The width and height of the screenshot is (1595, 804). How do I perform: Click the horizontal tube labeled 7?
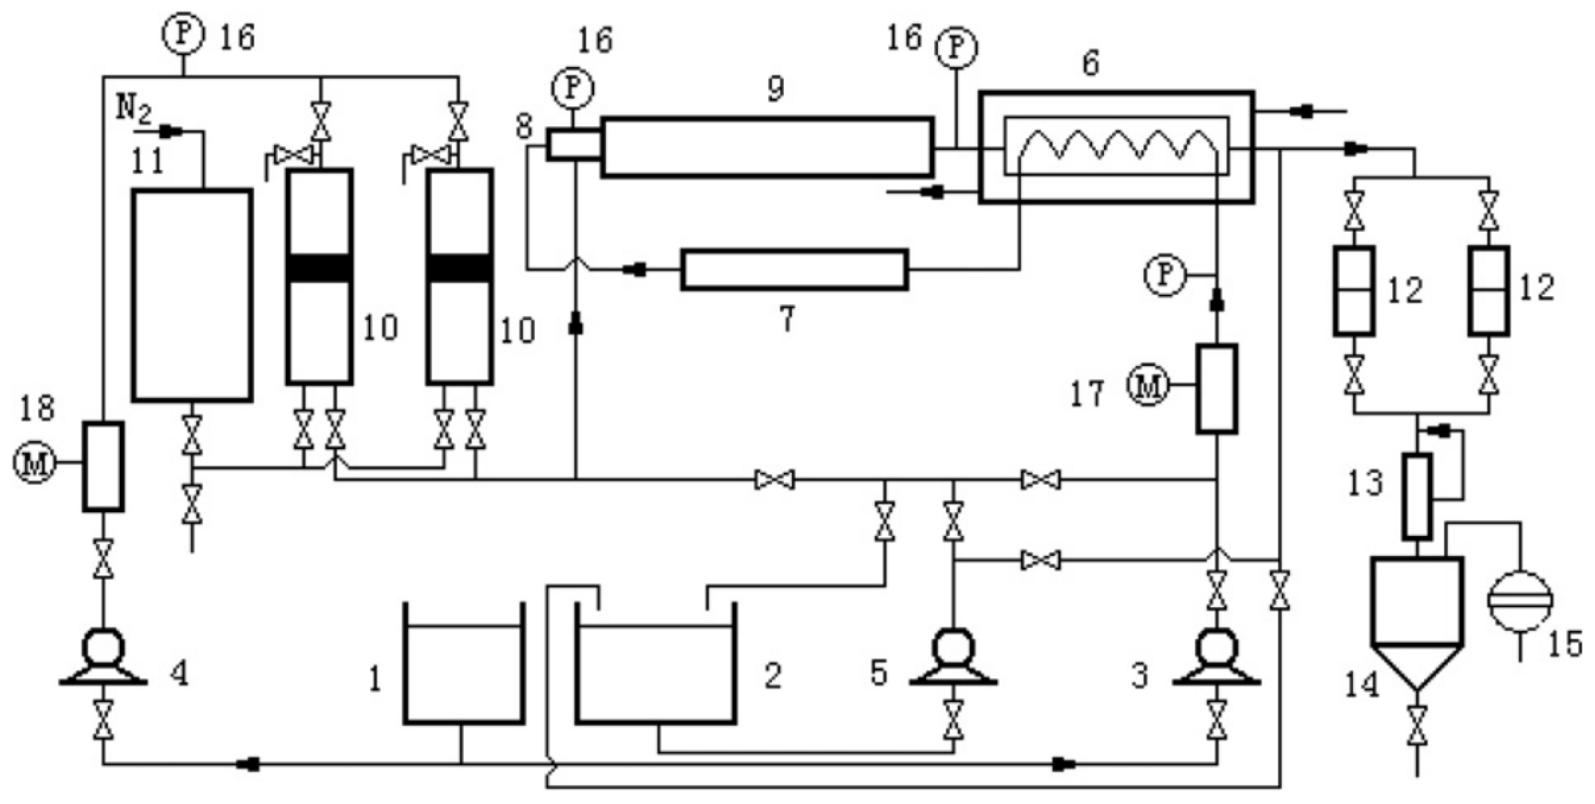point(794,270)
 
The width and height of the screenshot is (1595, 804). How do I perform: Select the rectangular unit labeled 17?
point(1216,388)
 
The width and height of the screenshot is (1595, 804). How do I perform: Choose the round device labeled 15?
point(1520,600)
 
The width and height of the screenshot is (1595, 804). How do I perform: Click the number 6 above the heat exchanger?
point(1091,64)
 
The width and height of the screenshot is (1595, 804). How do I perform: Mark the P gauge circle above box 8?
point(572,89)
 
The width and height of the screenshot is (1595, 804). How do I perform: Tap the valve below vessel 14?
point(1417,725)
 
